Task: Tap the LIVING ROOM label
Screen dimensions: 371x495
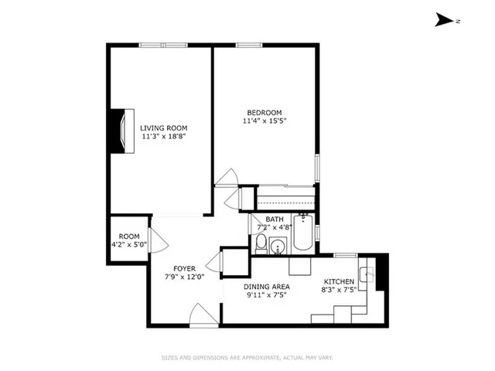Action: pyautogui.click(x=163, y=128)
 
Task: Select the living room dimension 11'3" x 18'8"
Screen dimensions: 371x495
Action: pyautogui.click(x=163, y=137)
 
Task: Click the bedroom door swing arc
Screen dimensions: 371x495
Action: pyautogui.click(x=227, y=178)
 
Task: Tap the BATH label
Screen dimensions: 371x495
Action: pyautogui.click(x=275, y=220)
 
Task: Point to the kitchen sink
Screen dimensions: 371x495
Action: pyautogui.click(x=372, y=274)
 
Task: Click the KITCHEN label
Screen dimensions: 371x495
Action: pyautogui.click(x=340, y=281)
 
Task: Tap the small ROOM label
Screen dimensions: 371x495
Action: pyautogui.click(x=128, y=237)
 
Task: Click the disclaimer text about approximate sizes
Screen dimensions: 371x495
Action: pyautogui.click(x=247, y=357)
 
